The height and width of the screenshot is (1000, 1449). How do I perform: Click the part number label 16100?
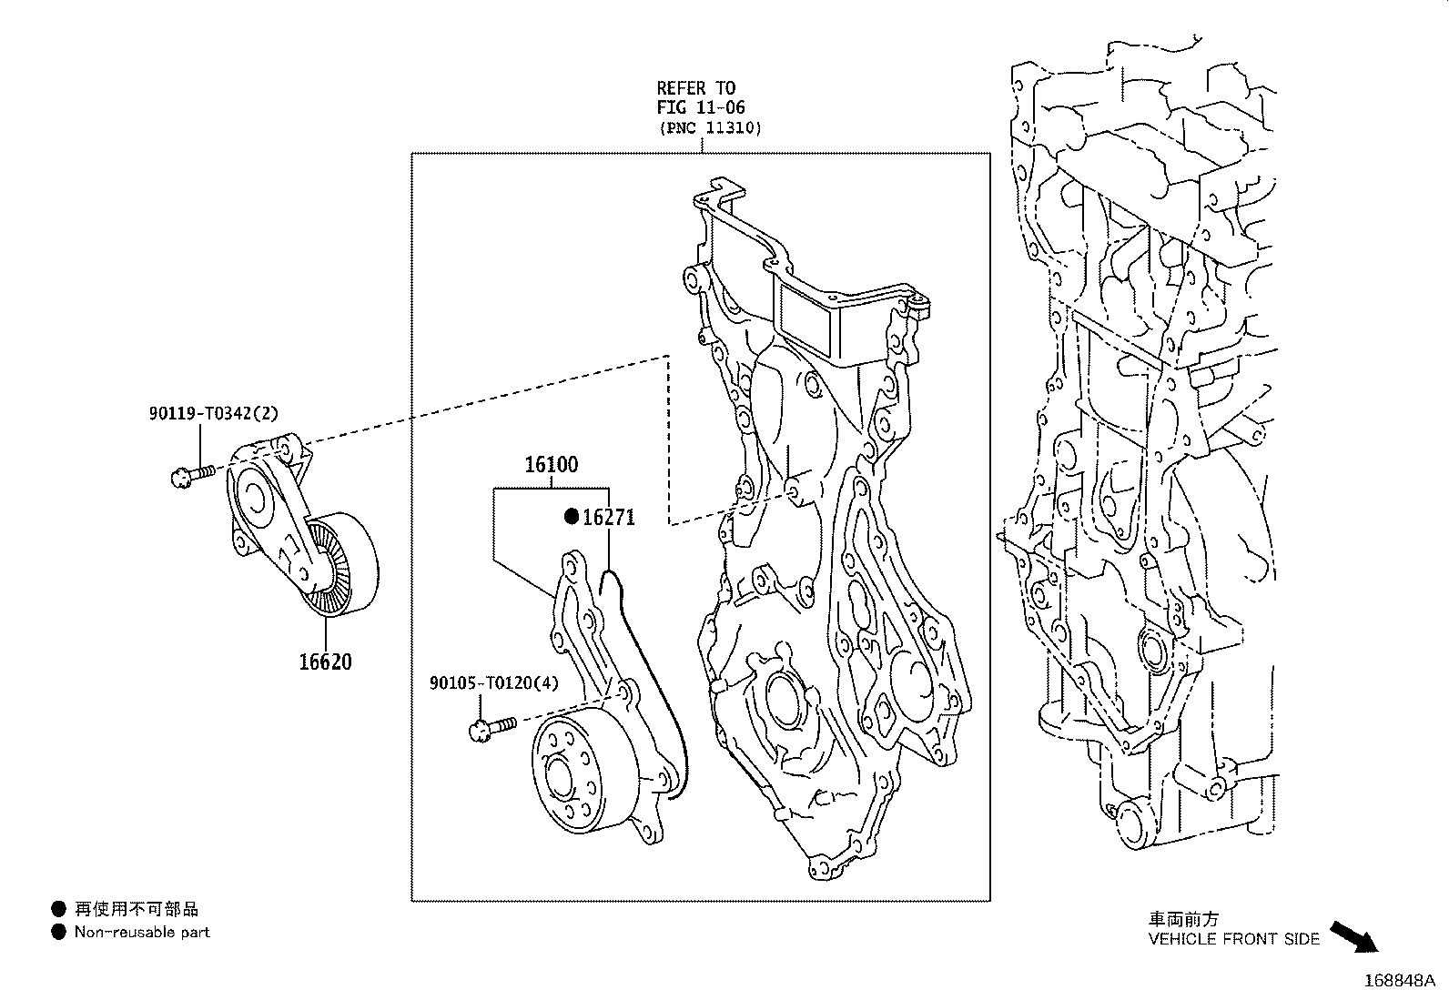[551, 465]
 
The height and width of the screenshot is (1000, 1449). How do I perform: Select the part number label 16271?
[609, 518]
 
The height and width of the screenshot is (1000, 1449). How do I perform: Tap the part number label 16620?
[325, 662]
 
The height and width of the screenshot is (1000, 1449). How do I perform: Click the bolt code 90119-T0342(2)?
[214, 413]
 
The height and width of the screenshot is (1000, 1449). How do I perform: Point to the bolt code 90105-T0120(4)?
[494, 683]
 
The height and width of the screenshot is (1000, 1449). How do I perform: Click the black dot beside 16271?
[572, 517]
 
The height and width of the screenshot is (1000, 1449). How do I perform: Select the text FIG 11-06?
[701, 107]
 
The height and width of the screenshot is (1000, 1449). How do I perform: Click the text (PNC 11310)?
[709, 127]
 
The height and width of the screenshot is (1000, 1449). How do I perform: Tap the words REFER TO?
[696, 88]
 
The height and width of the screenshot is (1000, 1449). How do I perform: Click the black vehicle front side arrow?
[1353, 935]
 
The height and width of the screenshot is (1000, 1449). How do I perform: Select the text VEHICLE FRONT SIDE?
[1233, 939]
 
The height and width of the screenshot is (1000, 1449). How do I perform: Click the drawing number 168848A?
[1398, 981]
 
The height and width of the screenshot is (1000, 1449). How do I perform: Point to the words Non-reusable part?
[142, 932]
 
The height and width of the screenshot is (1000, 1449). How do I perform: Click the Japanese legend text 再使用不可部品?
[137, 908]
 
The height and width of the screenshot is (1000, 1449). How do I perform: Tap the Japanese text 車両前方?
[1182, 919]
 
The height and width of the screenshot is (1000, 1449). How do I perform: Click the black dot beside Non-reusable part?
[59, 932]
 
